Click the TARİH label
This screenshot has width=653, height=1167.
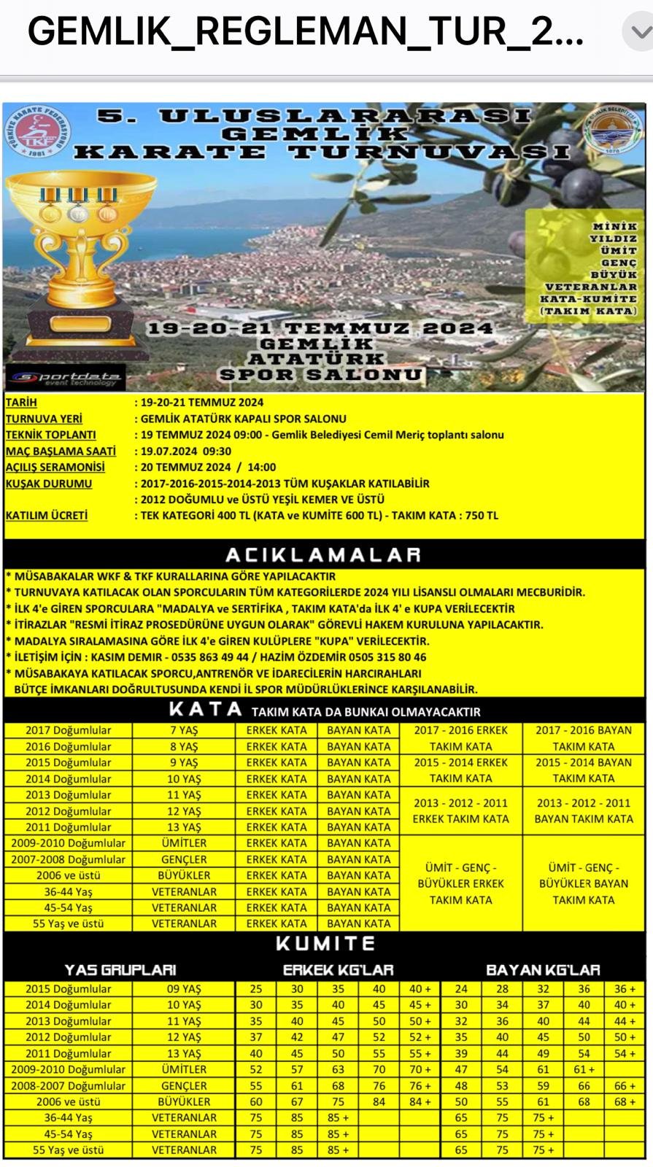21,402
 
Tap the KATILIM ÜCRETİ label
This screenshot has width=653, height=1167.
47,516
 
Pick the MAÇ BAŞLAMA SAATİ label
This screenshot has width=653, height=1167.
61,451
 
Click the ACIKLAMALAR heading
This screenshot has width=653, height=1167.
323,555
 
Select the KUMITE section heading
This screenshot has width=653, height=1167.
325,944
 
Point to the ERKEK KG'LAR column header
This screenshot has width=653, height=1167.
338,970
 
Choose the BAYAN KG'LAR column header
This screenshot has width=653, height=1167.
543,970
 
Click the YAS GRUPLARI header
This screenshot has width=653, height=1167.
120,970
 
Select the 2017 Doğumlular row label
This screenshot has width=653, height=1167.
69,730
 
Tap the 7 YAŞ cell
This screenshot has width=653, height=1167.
184,730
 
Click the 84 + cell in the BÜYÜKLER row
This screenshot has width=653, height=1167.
420,1102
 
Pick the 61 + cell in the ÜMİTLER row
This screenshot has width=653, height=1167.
584,1069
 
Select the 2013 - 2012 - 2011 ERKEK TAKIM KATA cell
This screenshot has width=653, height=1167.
460,810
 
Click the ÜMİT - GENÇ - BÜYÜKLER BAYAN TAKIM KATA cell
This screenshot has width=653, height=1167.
584,883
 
